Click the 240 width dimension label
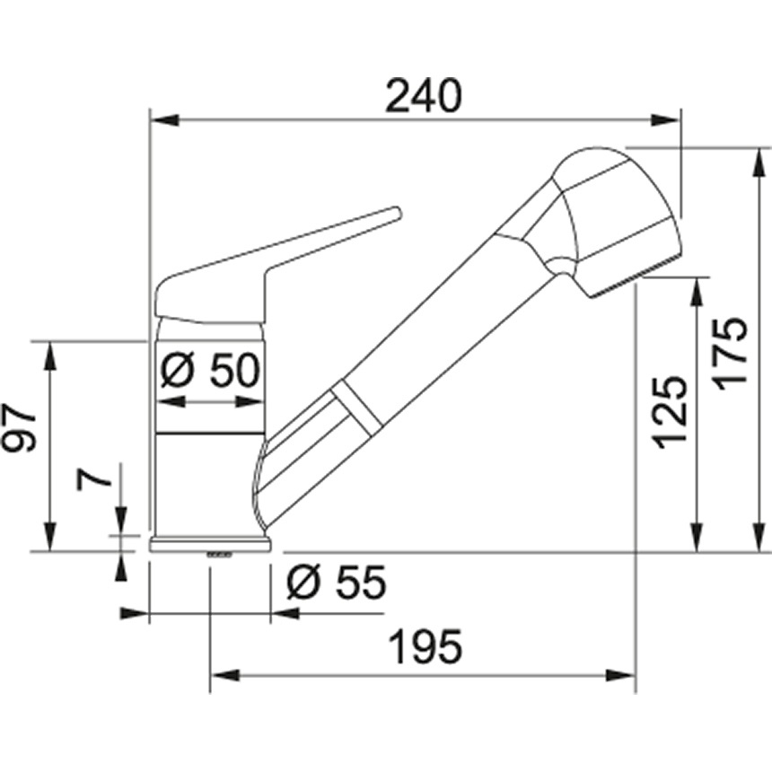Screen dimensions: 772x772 (423, 97)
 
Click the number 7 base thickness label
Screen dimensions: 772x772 (95, 476)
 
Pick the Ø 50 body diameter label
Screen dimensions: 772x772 (210, 370)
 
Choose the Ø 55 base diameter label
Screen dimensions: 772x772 (336, 584)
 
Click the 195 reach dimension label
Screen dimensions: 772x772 (424, 646)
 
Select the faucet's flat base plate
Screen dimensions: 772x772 (210, 543)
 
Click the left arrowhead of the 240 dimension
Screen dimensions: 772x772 (162, 119)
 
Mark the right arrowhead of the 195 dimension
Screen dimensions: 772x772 (623, 674)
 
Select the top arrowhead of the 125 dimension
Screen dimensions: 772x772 (697, 291)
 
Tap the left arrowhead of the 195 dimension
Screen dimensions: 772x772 (223, 674)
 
